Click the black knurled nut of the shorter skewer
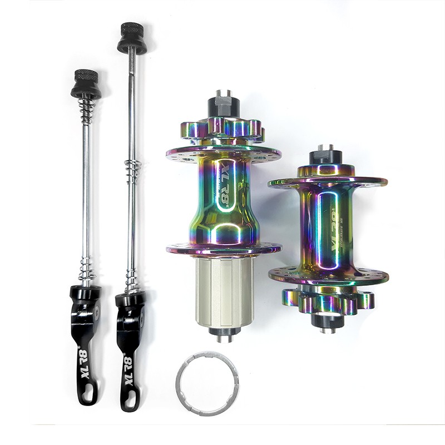[86, 84]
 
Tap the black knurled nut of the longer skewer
[132, 38]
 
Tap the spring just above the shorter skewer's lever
[86, 270]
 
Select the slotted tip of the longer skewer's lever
[129, 400]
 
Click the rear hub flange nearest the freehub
[223, 249]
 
